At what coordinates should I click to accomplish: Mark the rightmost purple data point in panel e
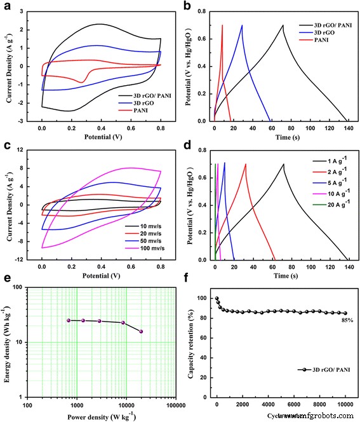(141, 331)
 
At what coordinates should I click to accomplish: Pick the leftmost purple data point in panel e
(69, 320)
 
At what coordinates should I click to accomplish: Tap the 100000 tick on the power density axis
(175, 405)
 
